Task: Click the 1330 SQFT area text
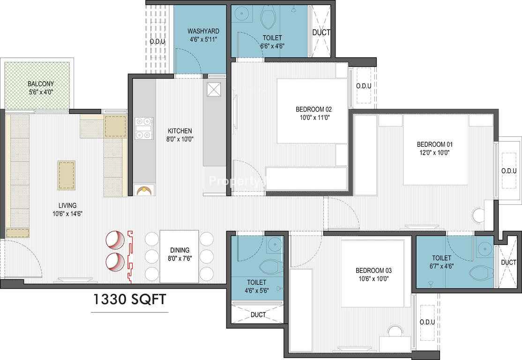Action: [129, 300]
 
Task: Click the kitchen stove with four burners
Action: [144, 128]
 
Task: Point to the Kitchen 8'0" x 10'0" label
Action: [180, 135]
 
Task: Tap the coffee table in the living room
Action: [66, 175]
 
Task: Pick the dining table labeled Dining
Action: [179, 256]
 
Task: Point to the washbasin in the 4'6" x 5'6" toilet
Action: [275, 244]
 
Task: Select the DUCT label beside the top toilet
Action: [321, 32]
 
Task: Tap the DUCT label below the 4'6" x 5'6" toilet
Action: [258, 315]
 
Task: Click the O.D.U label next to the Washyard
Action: [157, 42]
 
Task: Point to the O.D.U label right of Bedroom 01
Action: [509, 171]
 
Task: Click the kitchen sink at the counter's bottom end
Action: [144, 190]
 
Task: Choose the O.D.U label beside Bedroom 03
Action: [427, 322]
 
